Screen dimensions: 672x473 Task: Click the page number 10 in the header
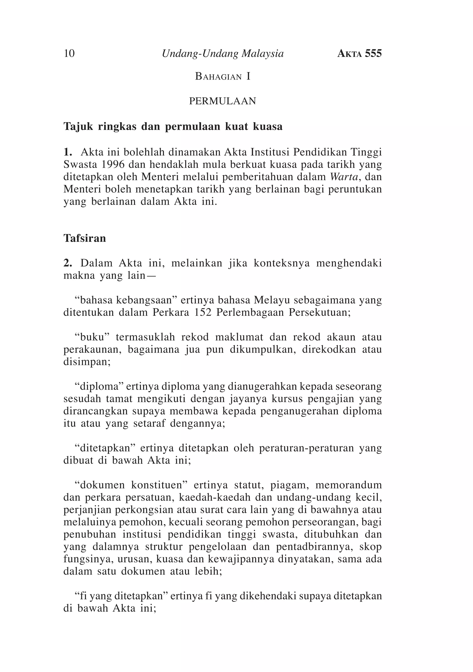point(69,54)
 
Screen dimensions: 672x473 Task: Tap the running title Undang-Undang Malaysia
point(223,54)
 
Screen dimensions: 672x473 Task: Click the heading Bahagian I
point(223,76)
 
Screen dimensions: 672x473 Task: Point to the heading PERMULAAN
point(222,101)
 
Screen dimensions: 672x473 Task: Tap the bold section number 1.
point(68,152)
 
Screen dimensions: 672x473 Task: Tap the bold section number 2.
point(68,263)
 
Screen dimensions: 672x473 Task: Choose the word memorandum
point(349,485)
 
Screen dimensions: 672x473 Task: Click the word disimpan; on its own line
point(87,362)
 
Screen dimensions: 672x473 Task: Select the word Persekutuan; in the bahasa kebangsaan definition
point(320,313)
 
